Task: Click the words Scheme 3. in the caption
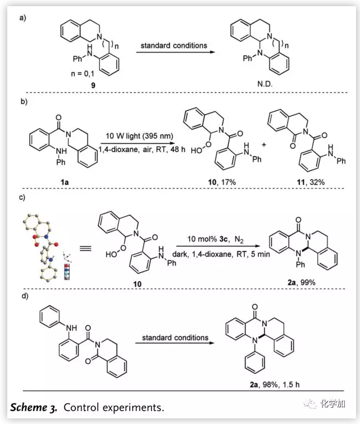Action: [33, 407]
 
